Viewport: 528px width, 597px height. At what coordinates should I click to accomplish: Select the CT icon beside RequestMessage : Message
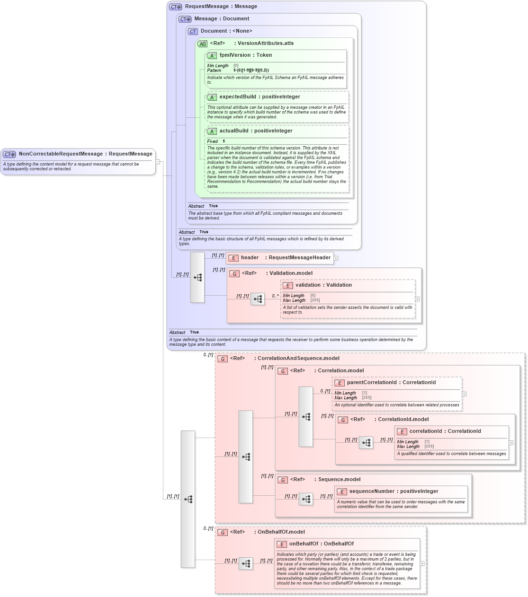(175, 7)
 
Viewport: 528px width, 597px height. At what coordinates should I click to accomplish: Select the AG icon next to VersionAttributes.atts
(202, 44)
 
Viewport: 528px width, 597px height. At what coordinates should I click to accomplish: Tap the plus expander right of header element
(336, 258)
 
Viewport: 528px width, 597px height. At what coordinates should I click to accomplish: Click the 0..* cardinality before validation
(275, 296)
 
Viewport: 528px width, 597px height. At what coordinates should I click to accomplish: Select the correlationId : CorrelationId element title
(445, 431)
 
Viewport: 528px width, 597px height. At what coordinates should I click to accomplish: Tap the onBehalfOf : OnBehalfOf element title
(321, 544)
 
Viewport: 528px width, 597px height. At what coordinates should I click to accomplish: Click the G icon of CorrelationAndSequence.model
(223, 359)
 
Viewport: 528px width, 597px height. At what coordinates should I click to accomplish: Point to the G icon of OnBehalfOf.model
(223, 533)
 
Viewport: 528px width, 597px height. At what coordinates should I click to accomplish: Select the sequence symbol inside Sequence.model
(306, 499)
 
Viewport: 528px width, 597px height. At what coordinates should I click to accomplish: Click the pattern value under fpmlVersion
(251, 70)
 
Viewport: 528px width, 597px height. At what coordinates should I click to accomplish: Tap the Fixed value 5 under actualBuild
(224, 141)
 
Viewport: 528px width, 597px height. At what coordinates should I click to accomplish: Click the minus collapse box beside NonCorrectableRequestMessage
(158, 162)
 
